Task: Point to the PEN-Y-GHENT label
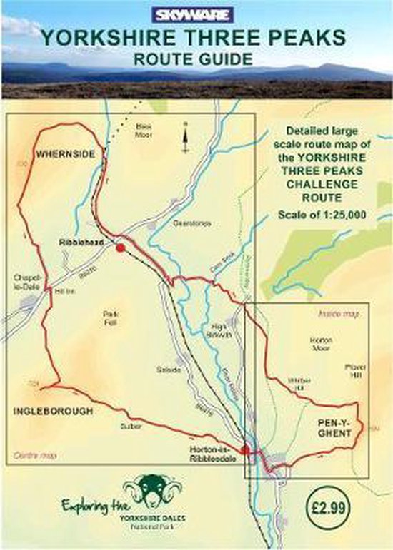click(331, 429)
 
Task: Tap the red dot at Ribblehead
click(121, 247)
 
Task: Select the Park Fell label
click(111, 317)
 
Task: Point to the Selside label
click(166, 370)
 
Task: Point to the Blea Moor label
click(146, 130)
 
